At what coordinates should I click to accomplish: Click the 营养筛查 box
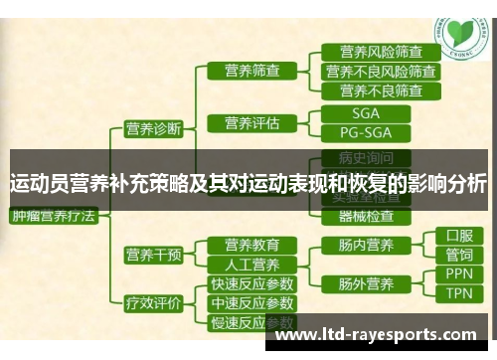pyautogui.click(x=252, y=71)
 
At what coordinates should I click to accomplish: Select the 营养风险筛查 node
pyautogui.click(x=380, y=52)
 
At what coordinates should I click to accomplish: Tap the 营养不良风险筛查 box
pyautogui.click(x=380, y=71)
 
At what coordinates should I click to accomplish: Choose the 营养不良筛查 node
pyautogui.click(x=380, y=90)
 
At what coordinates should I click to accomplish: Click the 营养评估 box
pyautogui.click(x=252, y=123)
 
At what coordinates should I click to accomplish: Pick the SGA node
pyautogui.click(x=365, y=113)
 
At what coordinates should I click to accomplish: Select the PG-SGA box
pyautogui.click(x=365, y=132)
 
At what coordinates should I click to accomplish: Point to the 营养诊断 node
pyautogui.click(x=153, y=128)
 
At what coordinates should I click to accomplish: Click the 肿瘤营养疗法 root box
pyautogui.click(x=54, y=215)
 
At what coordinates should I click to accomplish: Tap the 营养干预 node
pyautogui.click(x=153, y=255)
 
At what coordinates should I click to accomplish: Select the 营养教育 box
pyautogui.click(x=252, y=245)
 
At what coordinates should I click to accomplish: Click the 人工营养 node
pyautogui.click(x=252, y=265)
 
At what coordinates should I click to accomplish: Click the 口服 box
pyautogui.click(x=458, y=237)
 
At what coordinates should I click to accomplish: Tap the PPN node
pyautogui.click(x=458, y=273)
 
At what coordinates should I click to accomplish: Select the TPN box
pyautogui.click(x=458, y=293)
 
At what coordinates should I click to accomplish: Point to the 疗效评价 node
pyautogui.click(x=153, y=303)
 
